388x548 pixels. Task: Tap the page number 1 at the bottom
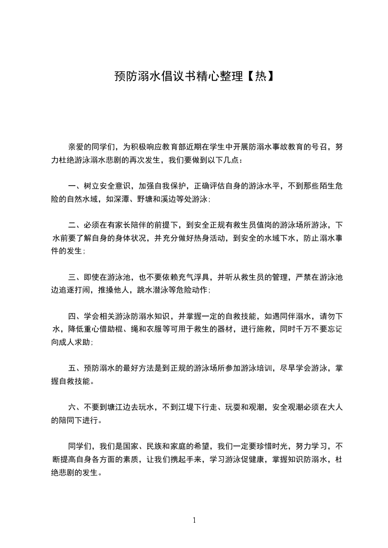194,520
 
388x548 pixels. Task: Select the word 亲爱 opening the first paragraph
76,147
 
